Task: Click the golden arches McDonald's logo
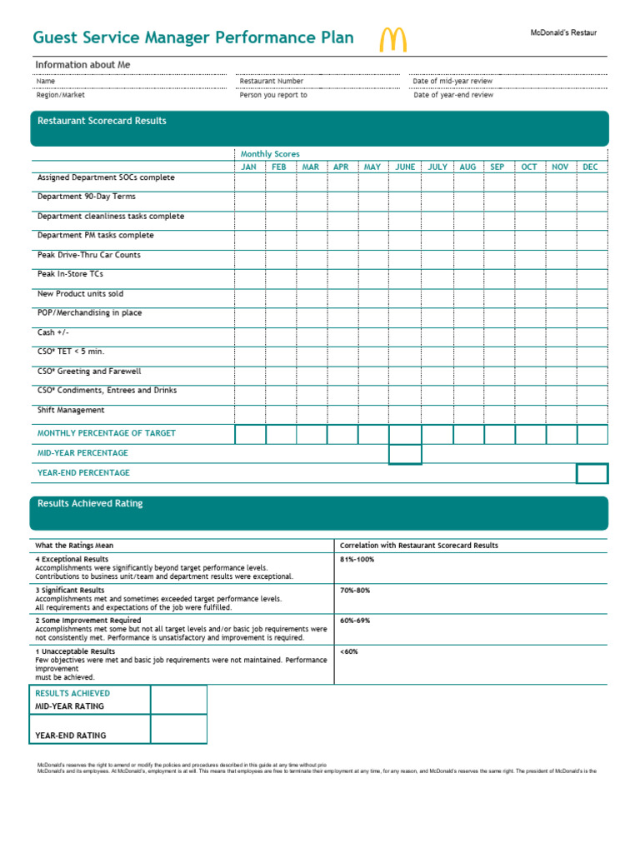pyautogui.click(x=393, y=40)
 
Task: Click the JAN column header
pyautogui.click(x=249, y=167)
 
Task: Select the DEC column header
pyautogui.click(x=590, y=167)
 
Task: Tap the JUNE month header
pyautogui.click(x=405, y=167)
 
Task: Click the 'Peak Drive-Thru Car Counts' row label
pyautogui.click(x=89, y=255)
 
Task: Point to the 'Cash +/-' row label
pyautogui.click(x=52, y=332)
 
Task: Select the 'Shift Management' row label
pyautogui.click(x=71, y=410)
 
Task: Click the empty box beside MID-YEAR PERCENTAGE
pyautogui.click(x=405, y=454)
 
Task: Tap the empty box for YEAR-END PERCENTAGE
pyautogui.click(x=592, y=473)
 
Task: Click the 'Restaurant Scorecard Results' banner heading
pyautogui.click(x=102, y=121)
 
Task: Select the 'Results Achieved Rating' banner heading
pyautogui.click(x=90, y=503)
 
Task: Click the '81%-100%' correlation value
pyautogui.click(x=357, y=559)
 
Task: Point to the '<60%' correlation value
pyautogui.click(x=349, y=651)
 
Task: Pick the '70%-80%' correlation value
pyautogui.click(x=355, y=590)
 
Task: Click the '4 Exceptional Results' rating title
pyautogui.click(x=72, y=559)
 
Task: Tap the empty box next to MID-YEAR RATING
pyautogui.click(x=178, y=700)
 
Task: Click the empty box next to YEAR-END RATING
pyautogui.click(x=178, y=729)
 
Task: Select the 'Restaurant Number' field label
pyautogui.click(x=272, y=81)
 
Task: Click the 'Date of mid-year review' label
pyautogui.click(x=452, y=81)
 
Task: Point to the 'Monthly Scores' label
pyautogui.click(x=270, y=154)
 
